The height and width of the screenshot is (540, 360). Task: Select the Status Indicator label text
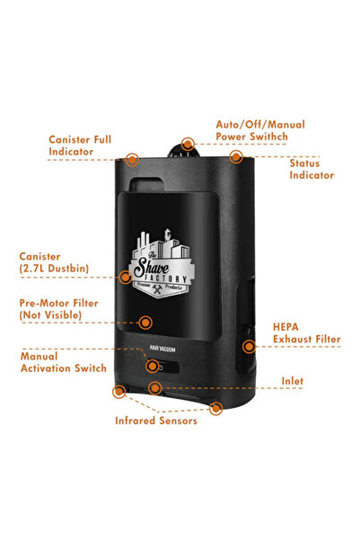(311, 170)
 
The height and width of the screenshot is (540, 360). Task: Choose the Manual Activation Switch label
(63, 361)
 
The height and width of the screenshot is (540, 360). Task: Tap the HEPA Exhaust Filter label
(306, 332)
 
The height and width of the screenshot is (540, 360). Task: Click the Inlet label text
(291, 381)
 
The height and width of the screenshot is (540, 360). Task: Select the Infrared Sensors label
(155, 420)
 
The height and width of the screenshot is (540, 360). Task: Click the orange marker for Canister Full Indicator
(132, 159)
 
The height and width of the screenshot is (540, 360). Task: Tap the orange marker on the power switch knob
(188, 144)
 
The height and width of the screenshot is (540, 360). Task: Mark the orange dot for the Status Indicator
(235, 156)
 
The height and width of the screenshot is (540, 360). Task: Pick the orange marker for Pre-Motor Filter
(146, 321)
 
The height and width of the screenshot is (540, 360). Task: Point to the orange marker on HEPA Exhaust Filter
(247, 346)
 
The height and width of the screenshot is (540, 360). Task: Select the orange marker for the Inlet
(155, 388)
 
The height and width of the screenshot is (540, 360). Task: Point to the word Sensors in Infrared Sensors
(176, 420)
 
